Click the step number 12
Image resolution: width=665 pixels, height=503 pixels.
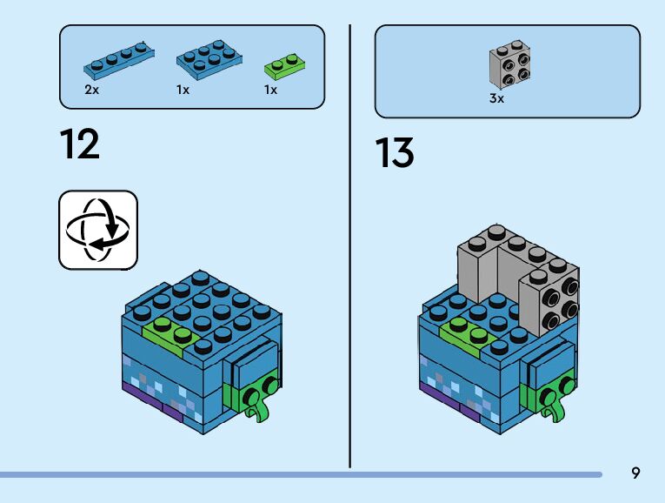[x=80, y=144]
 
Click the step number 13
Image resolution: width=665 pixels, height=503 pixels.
[x=395, y=153]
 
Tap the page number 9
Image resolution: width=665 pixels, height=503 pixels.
[x=635, y=473]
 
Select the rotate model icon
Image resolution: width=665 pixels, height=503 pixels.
[x=97, y=230]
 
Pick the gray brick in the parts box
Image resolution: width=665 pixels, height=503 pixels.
[x=510, y=64]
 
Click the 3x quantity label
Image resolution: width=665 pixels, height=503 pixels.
[x=496, y=99]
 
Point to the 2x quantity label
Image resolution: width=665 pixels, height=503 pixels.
[x=91, y=91]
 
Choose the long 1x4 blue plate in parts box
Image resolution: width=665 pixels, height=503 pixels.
[x=119, y=60]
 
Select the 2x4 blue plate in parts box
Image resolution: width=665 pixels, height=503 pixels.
[x=209, y=58]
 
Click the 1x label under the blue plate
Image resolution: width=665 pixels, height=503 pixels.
[x=183, y=91]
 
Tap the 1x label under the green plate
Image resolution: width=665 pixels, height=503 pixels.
[x=270, y=91]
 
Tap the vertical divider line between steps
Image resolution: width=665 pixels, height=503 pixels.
[x=350, y=244]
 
